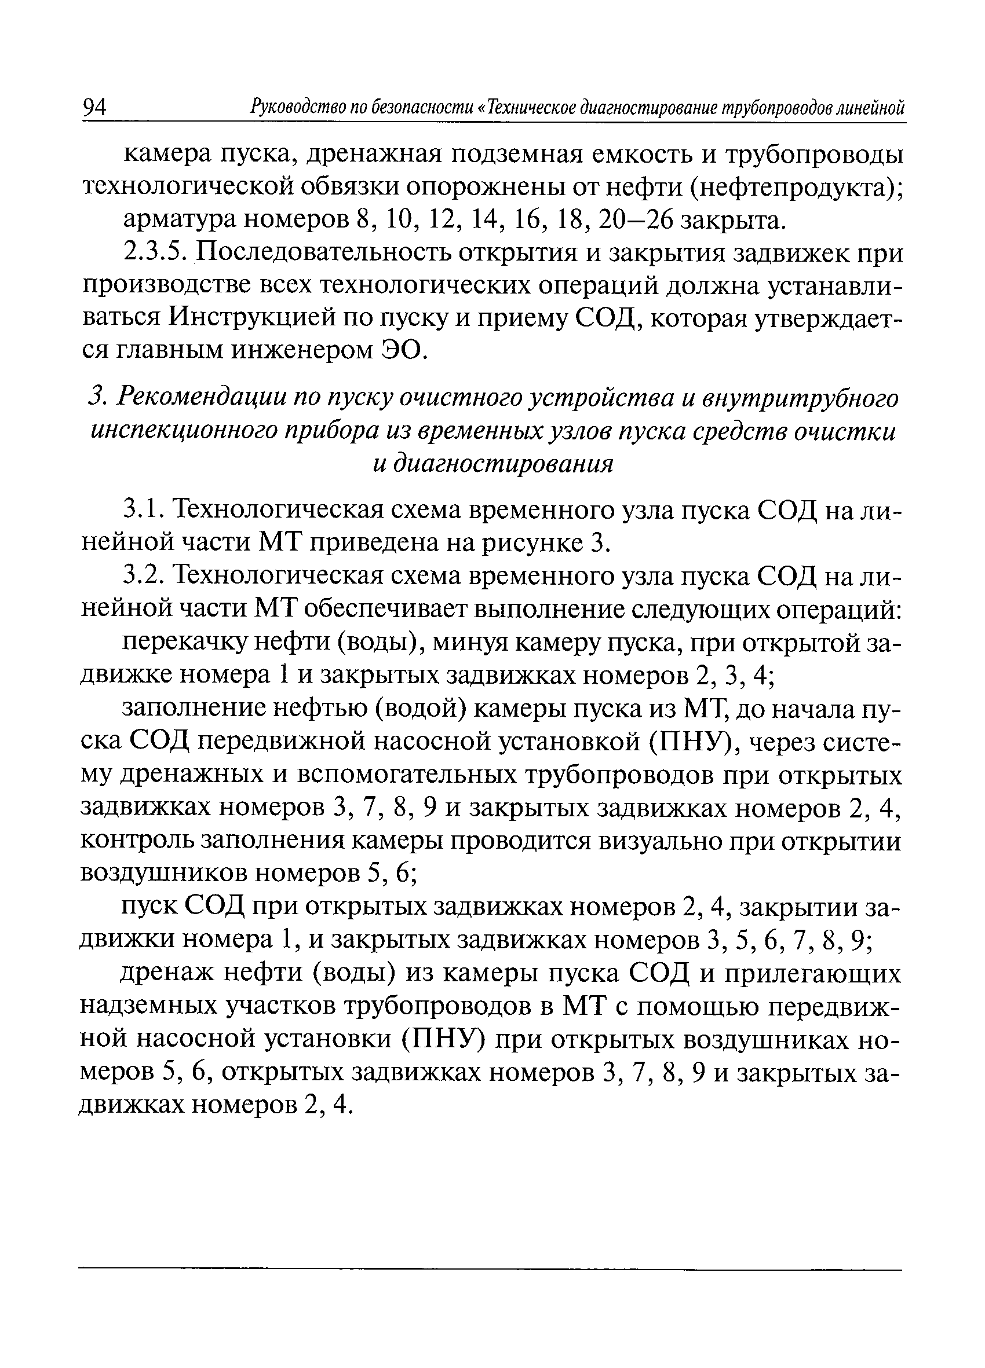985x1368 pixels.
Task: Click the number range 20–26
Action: tap(634, 221)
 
